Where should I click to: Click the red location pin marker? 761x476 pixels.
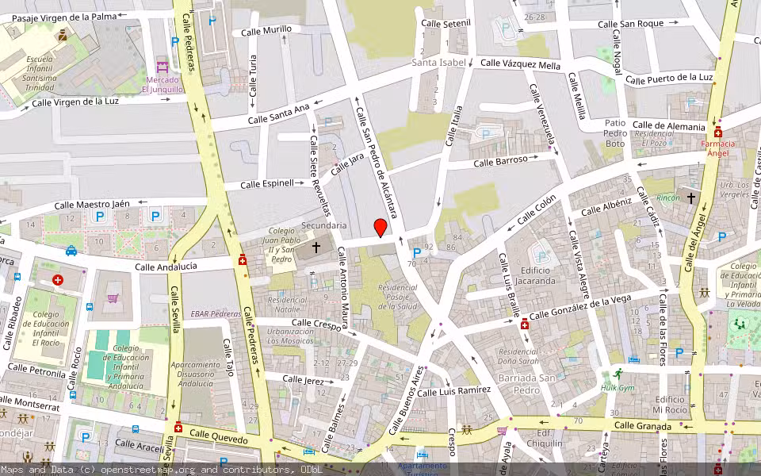coord(380,228)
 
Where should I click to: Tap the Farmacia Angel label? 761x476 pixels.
coord(717,148)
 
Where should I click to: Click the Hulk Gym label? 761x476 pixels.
coord(618,387)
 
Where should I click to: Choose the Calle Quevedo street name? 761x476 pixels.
coord(218,437)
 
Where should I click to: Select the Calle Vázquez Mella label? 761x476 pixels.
coord(520,64)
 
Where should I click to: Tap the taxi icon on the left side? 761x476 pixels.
coord(71,251)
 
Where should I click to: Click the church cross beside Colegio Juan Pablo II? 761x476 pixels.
coord(316,248)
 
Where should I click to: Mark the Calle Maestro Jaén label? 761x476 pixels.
coord(92,205)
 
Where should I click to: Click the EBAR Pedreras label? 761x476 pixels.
coord(216,313)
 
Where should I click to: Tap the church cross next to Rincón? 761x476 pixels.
coord(690,197)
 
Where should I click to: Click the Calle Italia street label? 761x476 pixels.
coord(453,127)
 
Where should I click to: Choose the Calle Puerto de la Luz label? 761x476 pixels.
coord(669,78)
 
